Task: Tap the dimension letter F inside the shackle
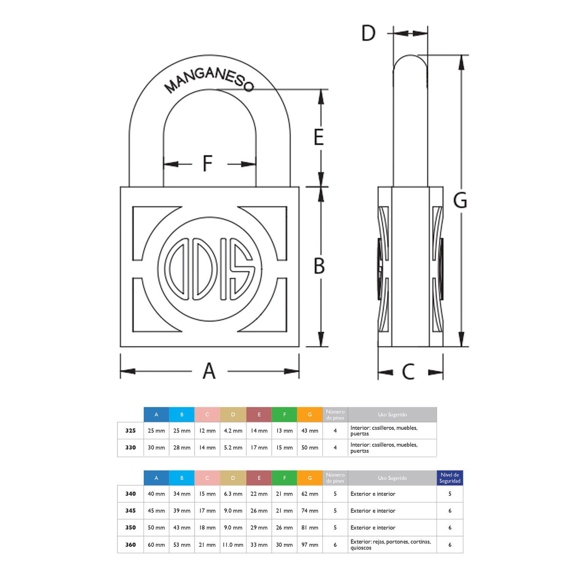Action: [207, 164]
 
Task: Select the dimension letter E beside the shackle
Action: [318, 137]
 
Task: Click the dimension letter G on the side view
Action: [460, 200]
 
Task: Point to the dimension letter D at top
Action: [368, 33]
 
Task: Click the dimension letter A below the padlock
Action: [209, 371]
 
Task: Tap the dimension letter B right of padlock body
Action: [319, 266]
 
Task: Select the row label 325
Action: [130, 431]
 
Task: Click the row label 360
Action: [130, 545]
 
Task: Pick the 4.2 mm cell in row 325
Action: [233, 431]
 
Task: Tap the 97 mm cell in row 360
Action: [310, 545]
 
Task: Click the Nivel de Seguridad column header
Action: [450, 478]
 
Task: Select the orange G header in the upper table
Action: [310, 415]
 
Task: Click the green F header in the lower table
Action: [284, 478]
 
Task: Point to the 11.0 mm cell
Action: [233, 545]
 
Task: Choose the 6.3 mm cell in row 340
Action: [233, 494]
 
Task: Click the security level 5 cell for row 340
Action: [450, 494]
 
